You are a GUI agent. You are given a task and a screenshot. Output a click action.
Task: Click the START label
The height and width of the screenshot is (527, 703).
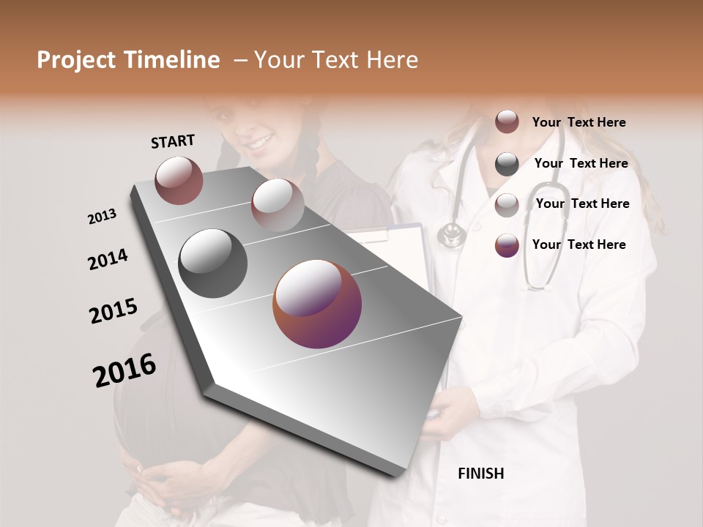tap(173, 141)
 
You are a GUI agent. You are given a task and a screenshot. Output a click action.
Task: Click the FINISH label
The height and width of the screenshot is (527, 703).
tap(480, 474)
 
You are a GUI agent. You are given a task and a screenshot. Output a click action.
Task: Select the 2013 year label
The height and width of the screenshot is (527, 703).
tap(102, 216)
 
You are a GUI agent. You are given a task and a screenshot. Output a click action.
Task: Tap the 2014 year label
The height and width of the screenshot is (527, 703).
tap(108, 259)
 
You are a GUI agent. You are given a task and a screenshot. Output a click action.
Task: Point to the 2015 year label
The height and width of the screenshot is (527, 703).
tap(114, 311)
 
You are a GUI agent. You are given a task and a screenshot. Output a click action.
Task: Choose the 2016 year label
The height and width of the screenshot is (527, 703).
tap(124, 370)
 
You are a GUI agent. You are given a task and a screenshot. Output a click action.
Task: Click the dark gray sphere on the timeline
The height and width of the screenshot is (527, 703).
tap(212, 263)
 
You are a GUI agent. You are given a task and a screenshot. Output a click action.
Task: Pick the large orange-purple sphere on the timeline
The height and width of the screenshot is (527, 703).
tap(317, 304)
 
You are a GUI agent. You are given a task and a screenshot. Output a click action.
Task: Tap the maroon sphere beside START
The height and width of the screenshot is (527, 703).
tap(179, 180)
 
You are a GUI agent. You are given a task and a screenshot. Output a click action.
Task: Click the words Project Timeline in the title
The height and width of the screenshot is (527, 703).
tap(128, 60)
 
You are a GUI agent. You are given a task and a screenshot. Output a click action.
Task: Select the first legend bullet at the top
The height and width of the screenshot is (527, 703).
tap(507, 122)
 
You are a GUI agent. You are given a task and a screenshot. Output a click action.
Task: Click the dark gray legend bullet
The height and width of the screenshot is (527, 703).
tap(507, 164)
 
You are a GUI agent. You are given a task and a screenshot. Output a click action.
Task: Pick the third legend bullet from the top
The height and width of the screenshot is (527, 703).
tap(507, 205)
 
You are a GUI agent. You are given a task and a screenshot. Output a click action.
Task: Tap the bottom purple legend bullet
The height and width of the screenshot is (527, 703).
tap(507, 245)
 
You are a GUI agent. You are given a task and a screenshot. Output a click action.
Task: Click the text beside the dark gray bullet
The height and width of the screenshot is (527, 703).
tap(581, 163)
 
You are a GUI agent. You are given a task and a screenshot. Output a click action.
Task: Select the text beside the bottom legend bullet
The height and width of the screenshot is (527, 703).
tap(579, 244)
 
